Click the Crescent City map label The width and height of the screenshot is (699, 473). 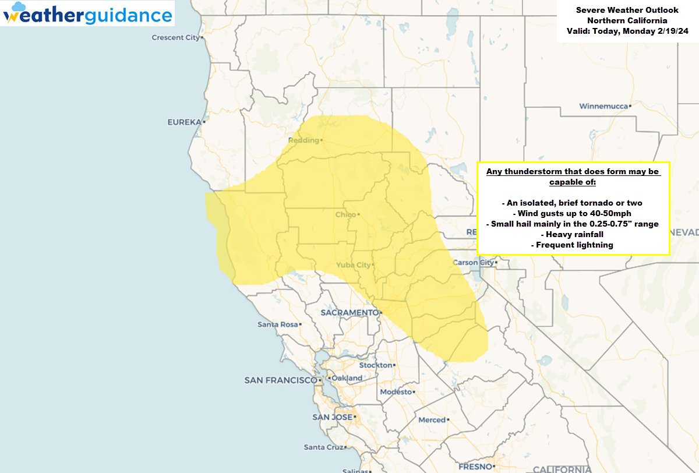point(175,38)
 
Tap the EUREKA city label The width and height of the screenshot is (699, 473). point(183,122)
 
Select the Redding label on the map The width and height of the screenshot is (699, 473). point(303,140)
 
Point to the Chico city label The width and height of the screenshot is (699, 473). point(345,215)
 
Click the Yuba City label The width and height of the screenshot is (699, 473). point(354,265)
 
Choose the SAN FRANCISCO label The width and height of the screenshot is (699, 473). point(280,380)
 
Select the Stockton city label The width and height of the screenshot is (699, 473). point(376,365)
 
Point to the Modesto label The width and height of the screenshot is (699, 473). point(396,392)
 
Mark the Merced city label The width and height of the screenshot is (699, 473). point(432,420)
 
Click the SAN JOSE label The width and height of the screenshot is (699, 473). point(332,417)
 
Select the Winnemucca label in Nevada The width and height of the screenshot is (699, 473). point(603,107)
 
